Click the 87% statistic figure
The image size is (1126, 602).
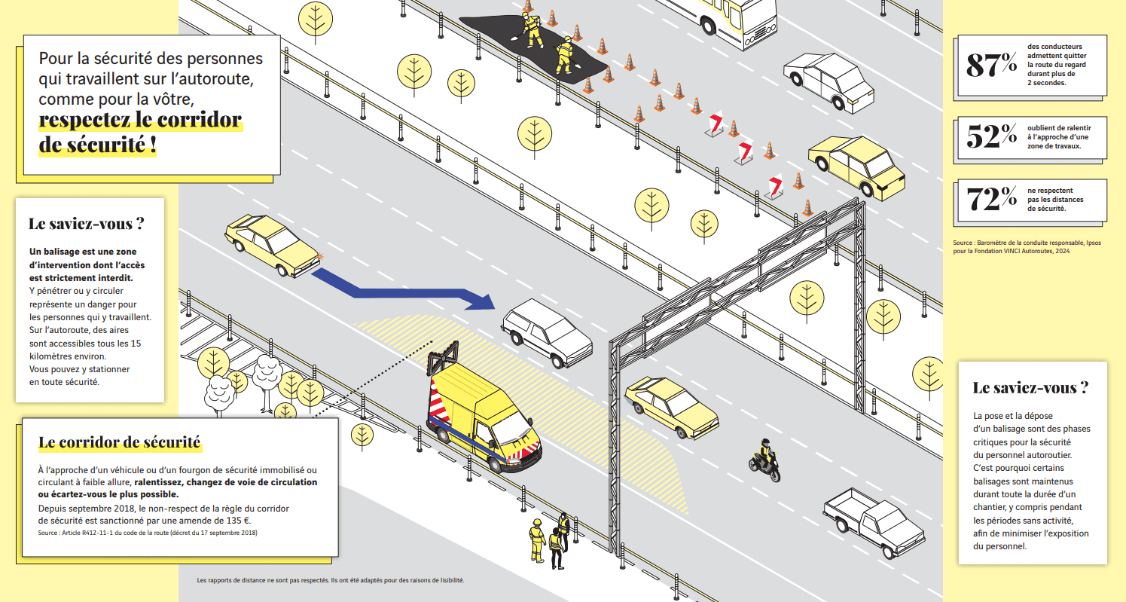991,65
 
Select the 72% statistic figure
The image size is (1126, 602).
991,199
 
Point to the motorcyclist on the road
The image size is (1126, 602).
764,460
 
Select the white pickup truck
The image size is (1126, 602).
874,522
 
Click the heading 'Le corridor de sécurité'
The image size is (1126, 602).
120,442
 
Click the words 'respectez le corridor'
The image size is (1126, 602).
140,120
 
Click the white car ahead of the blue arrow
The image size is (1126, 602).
546,332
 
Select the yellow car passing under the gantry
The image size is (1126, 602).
671,407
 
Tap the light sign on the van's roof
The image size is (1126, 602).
443,356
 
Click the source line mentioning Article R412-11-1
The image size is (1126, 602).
148,533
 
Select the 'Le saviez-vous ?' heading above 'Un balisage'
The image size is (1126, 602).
87,223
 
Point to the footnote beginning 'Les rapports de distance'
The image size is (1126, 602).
330,580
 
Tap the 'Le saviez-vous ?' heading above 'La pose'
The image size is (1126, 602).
1030,387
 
